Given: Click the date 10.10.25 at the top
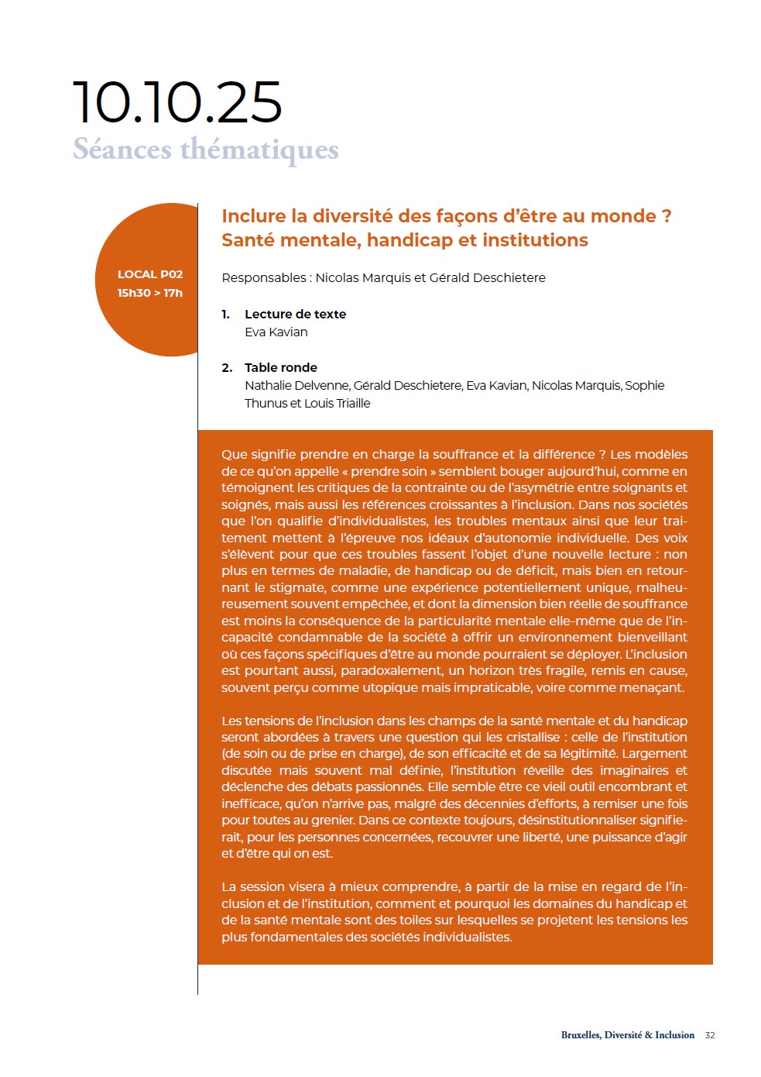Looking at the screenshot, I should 177,102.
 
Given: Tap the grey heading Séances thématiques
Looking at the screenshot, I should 206,149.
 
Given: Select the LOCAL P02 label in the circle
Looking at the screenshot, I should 150,274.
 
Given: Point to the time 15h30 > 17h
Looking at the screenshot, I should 150,293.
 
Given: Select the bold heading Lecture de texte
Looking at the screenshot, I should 295,314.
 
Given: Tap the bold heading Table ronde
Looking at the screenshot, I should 281,367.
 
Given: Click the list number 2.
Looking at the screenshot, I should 226,367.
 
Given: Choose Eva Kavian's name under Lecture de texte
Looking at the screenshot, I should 276,332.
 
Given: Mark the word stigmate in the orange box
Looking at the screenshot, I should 293,587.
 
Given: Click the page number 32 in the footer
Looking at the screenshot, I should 710,1035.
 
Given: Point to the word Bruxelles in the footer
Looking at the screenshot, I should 581,1035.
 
